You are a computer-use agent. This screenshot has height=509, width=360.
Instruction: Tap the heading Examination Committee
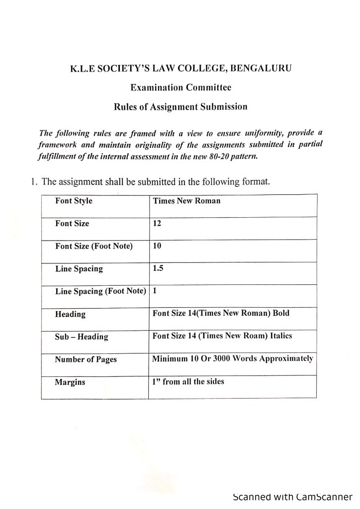coord(180,87)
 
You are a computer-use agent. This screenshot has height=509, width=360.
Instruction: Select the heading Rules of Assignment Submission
coord(180,106)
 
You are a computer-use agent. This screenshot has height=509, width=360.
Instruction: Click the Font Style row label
coord(74,201)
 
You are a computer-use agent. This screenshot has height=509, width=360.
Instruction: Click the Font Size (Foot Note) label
coord(94,246)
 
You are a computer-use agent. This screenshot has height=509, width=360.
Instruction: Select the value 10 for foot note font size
coord(157,246)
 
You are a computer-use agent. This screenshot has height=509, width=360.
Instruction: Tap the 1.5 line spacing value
coord(158,268)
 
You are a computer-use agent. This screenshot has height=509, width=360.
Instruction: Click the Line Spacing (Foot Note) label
coord(100,291)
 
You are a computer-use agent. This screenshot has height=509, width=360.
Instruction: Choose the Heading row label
coord(70,314)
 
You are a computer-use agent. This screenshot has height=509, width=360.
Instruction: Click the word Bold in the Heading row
coord(279,314)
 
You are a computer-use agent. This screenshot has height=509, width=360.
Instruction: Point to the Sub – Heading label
coord(82,337)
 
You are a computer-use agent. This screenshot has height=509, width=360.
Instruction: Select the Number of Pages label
coord(86,359)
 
